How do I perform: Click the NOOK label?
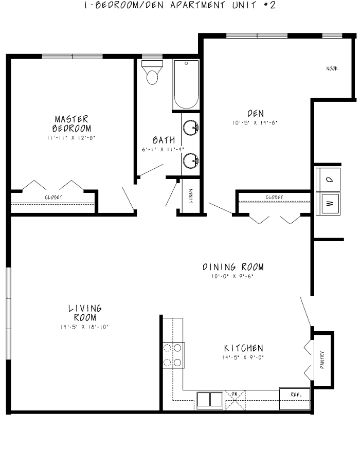click(332, 69)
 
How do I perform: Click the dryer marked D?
click(328, 179)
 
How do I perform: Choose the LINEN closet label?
click(190, 196)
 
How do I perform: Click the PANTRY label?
click(322, 359)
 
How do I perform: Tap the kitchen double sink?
click(209, 400)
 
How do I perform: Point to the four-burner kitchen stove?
click(173, 355)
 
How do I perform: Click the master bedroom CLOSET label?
click(53, 197)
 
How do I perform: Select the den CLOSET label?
click(274, 197)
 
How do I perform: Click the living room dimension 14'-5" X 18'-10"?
click(85, 327)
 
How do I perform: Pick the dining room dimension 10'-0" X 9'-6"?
click(232, 276)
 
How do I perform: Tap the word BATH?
click(164, 140)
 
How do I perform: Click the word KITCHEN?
click(243, 348)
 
